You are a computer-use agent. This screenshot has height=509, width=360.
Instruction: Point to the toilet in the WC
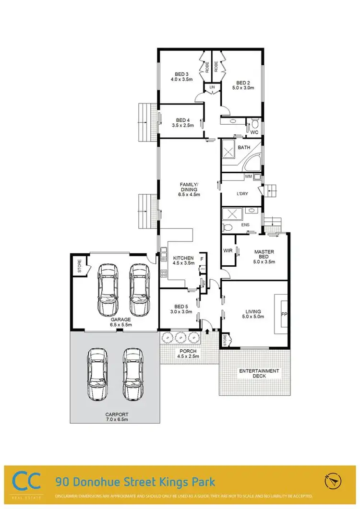tap(254, 123)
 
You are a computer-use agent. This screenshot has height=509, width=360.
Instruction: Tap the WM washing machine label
tap(248, 177)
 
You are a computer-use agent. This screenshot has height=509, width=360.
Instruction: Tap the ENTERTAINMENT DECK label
tap(259, 373)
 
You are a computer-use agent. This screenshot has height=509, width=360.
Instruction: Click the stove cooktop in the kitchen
tap(163, 274)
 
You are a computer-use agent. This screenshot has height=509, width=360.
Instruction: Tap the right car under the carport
tap(132, 374)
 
